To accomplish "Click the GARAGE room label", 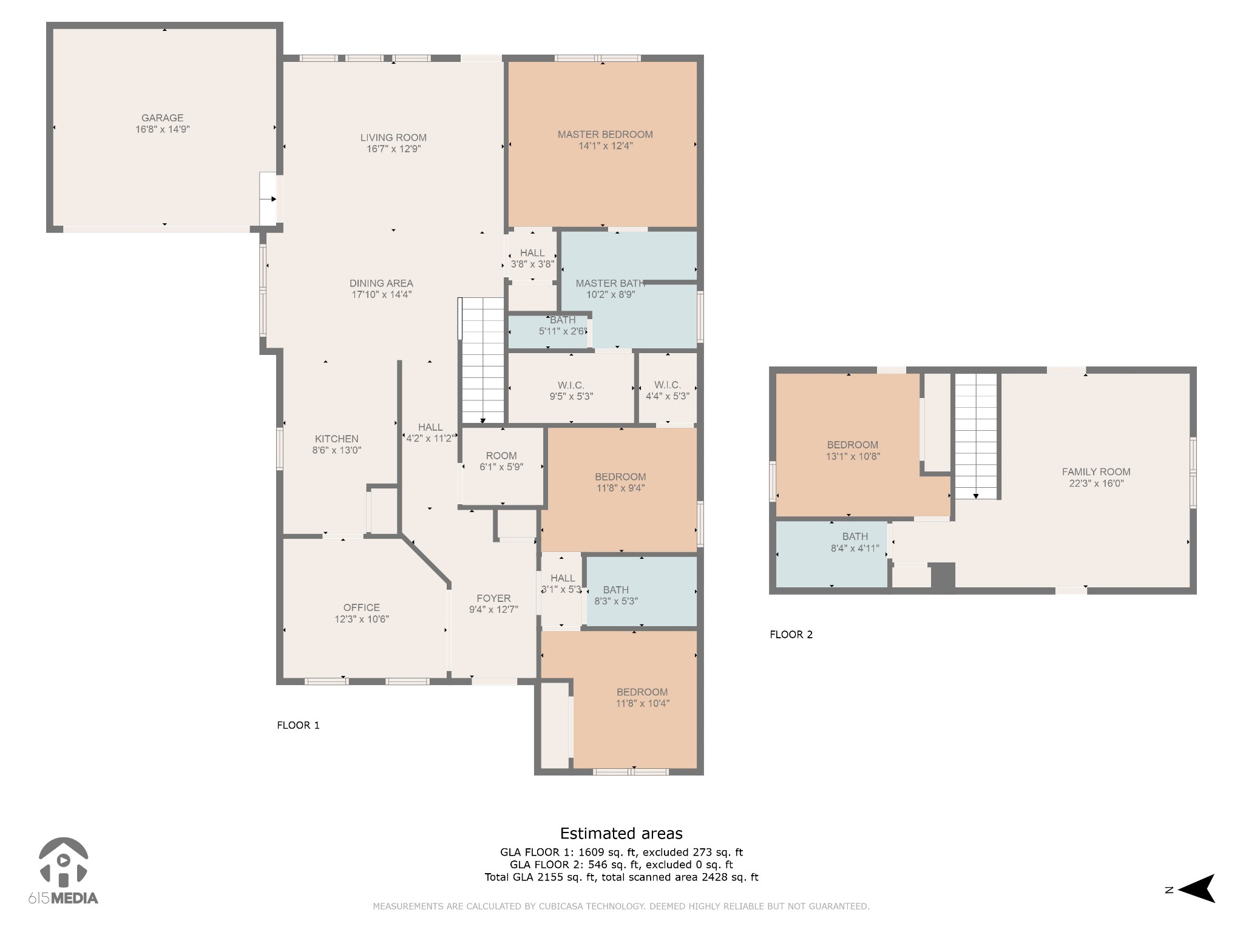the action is pyautogui.click(x=162, y=118).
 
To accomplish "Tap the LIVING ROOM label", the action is pyautogui.click(x=393, y=137).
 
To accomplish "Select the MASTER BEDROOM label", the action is pyautogui.click(x=605, y=134).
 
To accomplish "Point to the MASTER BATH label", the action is pyautogui.click(x=610, y=283).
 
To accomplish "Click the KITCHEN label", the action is pyautogui.click(x=336, y=439).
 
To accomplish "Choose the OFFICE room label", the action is pyautogui.click(x=362, y=607).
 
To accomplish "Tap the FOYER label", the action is pyautogui.click(x=493, y=598).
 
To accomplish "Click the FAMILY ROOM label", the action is pyautogui.click(x=1096, y=471).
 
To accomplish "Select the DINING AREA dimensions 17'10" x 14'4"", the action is pyautogui.click(x=382, y=295).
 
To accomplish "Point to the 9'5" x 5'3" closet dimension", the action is pyautogui.click(x=571, y=397).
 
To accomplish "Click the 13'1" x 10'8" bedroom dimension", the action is pyautogui.click(x=852, y=456).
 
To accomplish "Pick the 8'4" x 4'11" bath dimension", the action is pyautogui.click(x=855, y=549).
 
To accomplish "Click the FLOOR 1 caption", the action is pyautogui.click(x=298, y=725).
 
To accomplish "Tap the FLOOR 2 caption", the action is pyautogui.click(x=791, y=635).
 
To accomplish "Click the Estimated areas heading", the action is pyautogui.click(x=621, y=834).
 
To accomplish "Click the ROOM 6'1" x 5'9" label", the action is pyautogui.click(x=501, y=461).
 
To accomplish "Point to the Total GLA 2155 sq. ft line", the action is pyautogui.click(x=621, y=877).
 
